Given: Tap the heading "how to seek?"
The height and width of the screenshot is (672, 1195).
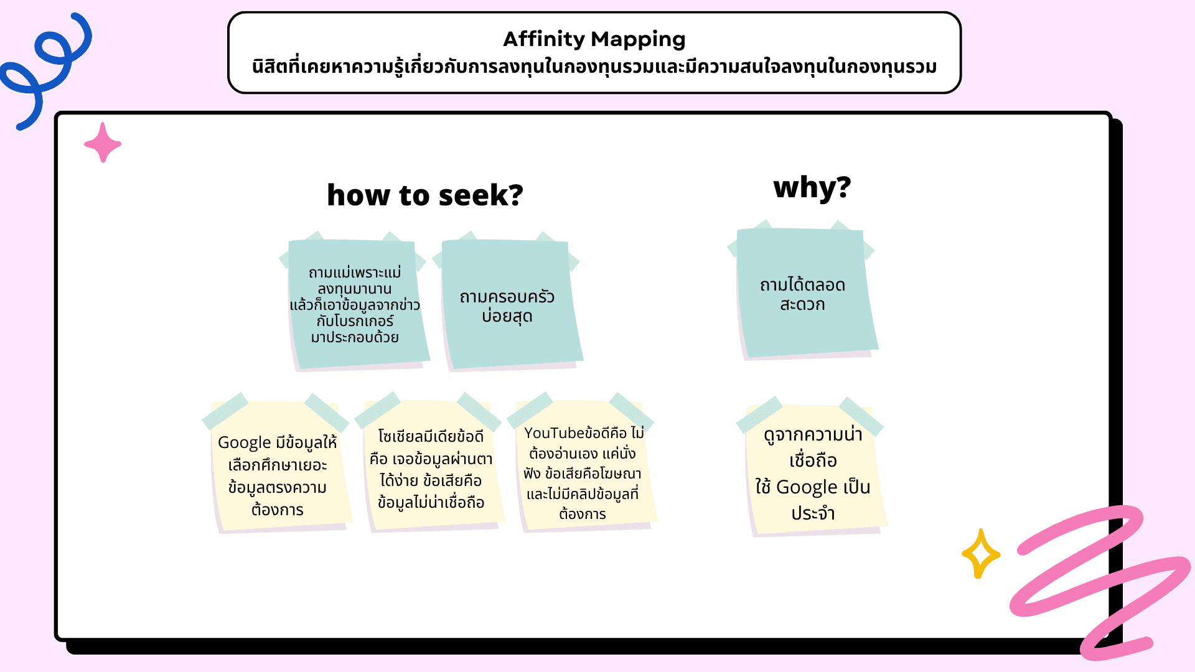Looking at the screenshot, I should [424, 195].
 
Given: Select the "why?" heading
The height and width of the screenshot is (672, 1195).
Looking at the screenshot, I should [812, 187].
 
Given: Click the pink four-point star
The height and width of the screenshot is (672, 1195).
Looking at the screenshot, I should [103, 143].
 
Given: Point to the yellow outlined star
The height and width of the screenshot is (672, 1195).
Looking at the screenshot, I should [980, 553].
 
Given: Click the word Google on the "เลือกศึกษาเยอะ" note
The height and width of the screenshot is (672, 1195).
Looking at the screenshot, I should [244, 442].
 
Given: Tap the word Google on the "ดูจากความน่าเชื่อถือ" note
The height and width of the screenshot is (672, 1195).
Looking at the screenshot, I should [807, 487].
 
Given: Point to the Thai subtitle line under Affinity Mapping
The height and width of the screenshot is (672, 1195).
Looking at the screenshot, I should [594, 67].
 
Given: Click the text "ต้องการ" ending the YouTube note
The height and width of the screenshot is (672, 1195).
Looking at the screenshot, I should [583, 514].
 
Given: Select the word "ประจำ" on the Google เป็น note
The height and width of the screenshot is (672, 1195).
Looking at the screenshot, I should [813, 513].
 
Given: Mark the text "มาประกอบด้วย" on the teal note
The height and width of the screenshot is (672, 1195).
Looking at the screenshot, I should [355, 337].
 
